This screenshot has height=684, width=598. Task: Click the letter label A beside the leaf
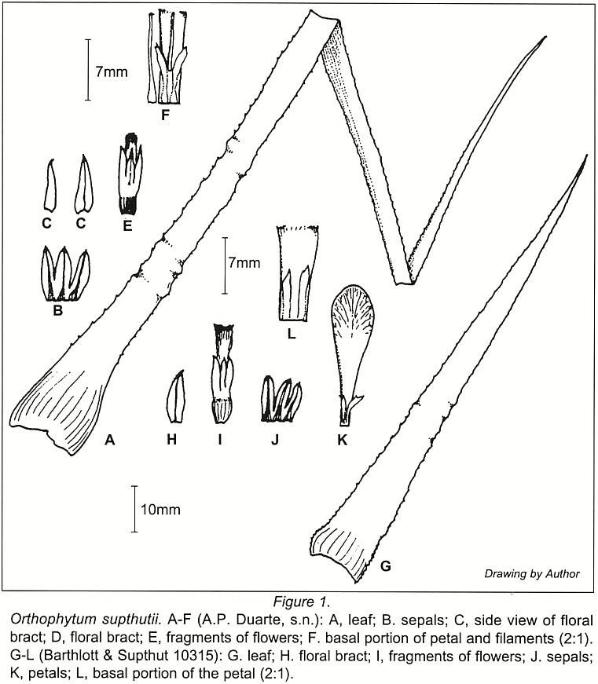coord(109,440)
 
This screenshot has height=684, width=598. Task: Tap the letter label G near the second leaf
coord(385,566)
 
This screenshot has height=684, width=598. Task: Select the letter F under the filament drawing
coord(165,115)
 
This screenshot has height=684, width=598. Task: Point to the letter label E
coord(127,225)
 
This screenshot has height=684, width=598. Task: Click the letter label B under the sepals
coord(57,310)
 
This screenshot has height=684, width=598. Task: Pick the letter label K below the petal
coord(342,440)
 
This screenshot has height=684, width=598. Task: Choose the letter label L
coord(292,334)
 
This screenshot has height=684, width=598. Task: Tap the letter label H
coord(171,440)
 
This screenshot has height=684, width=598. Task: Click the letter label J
coord(274,440)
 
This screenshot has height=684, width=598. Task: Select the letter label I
coord(220,440)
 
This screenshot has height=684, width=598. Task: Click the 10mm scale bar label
coord(160,509)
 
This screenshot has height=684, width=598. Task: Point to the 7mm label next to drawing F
coord(112,71)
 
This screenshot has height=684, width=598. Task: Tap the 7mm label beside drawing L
coord(244,262)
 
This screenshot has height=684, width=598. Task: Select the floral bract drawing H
coord(176,397)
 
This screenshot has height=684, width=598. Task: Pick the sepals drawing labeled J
coord(281,399)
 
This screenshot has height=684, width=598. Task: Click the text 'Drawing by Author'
coord(532,574)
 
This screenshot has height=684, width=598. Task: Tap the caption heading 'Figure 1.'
coord(301,602)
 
